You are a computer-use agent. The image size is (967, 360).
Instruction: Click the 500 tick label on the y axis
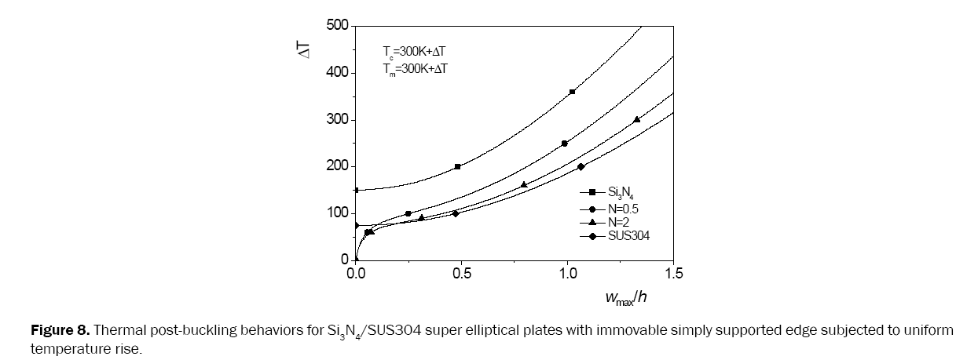[x=338, y=26]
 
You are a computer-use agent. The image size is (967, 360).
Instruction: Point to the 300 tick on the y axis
[x=338, y=120]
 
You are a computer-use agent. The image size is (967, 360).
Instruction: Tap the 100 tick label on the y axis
[x=338, y=213]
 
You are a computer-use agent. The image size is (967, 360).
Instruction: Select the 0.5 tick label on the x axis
[x=462, y=274]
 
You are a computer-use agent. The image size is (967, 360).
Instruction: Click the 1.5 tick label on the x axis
[x=674, y=274]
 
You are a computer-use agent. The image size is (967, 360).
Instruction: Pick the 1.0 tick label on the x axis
[x=568, y=274]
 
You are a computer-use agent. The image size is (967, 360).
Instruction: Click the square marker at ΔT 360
[x=572, y=92]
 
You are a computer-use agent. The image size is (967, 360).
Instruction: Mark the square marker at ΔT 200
[x=458, y=166]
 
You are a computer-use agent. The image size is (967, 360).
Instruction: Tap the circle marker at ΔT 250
[x=565, y=144]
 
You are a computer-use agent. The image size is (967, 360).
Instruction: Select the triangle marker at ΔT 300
[x=636, y=119]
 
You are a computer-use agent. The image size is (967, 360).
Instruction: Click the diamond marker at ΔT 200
[x=581, y=166]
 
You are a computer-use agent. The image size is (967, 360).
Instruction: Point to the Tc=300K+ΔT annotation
[x=414, y=52]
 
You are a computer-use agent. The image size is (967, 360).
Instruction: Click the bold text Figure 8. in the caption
[x=58, y=329]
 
